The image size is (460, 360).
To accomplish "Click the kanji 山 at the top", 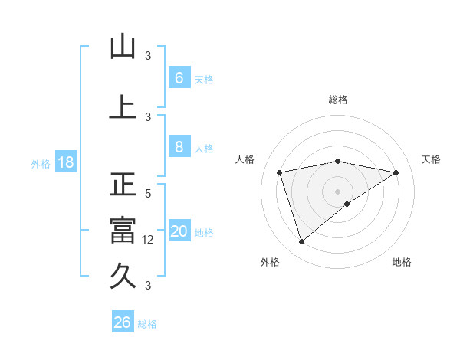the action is point(123,47).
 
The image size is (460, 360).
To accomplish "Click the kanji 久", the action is point(123,274).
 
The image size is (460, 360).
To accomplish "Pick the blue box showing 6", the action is point(179,77).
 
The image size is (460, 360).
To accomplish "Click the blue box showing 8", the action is point(179,147).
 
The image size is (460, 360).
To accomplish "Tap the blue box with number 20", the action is point(179,232).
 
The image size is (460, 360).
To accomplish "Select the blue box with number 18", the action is point(65,163).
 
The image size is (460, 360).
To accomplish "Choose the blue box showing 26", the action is point(123,322).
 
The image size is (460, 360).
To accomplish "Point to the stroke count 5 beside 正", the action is point(149,195).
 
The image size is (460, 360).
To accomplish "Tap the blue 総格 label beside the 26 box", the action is point(148,324).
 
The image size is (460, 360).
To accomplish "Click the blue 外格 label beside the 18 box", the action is point(40,164).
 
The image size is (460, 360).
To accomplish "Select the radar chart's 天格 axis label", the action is point(431,159).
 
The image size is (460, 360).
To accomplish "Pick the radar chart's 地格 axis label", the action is point(402,262).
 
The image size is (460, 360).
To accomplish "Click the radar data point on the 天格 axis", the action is point(396,172).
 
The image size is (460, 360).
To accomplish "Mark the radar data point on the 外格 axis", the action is point(301,241).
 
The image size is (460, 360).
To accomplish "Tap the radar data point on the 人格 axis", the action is point(280,172).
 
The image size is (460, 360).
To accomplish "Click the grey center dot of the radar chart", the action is point(337,191).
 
